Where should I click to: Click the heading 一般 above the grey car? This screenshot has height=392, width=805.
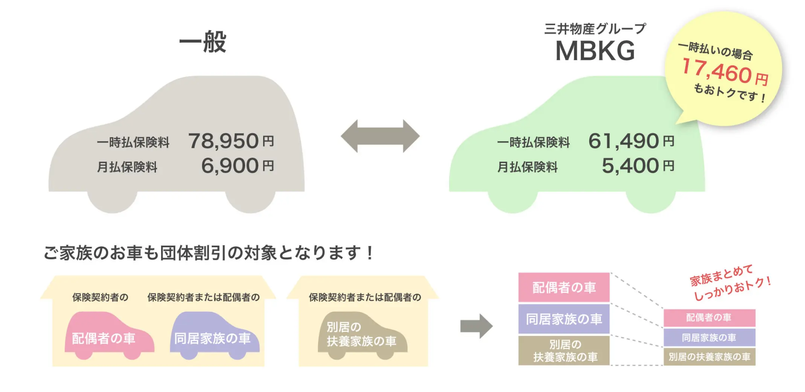pyautogui.click(x=203, y=42)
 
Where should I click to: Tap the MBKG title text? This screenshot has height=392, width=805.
pyautogui.click(x=595, y=51)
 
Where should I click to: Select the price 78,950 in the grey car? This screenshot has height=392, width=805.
pyautogui.click(x=224, y=141)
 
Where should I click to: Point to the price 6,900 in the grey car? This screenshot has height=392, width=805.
pyautogui.click(x=230, y=166)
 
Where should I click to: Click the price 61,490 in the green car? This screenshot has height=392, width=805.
pyautogui.click(x=624, y=141)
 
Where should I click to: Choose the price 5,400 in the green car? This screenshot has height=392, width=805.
pyautogui.click(x=630, y=166)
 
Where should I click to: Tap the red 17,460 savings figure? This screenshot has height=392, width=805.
pyautogui.click(x=717, y=71)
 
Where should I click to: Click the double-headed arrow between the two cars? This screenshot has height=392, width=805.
pyautogui.click(x=380, y=136)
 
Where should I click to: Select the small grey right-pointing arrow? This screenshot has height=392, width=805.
pyautogui.click(x=476, y=326)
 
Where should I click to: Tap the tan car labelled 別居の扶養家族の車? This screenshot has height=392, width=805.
pyautogui.click(x=361, y=335)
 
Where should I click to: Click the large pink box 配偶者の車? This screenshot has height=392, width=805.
pyautogui.click(x=564, y=287)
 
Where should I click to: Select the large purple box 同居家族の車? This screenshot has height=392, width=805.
pyautogui.click(x=564, y=319)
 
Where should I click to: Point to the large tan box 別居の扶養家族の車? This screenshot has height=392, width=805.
pyautogui.click(x=564, y=351)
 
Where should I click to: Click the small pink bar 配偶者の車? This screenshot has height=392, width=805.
pyautogui.click(x=709, y=318)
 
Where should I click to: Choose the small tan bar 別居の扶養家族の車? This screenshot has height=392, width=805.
pyautogui.click(x=709, y=357)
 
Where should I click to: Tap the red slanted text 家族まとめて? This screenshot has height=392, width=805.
pyautogui.click(x=721, y=275)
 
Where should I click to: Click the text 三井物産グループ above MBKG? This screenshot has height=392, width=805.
pyautogui.click(x=595, y=29)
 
